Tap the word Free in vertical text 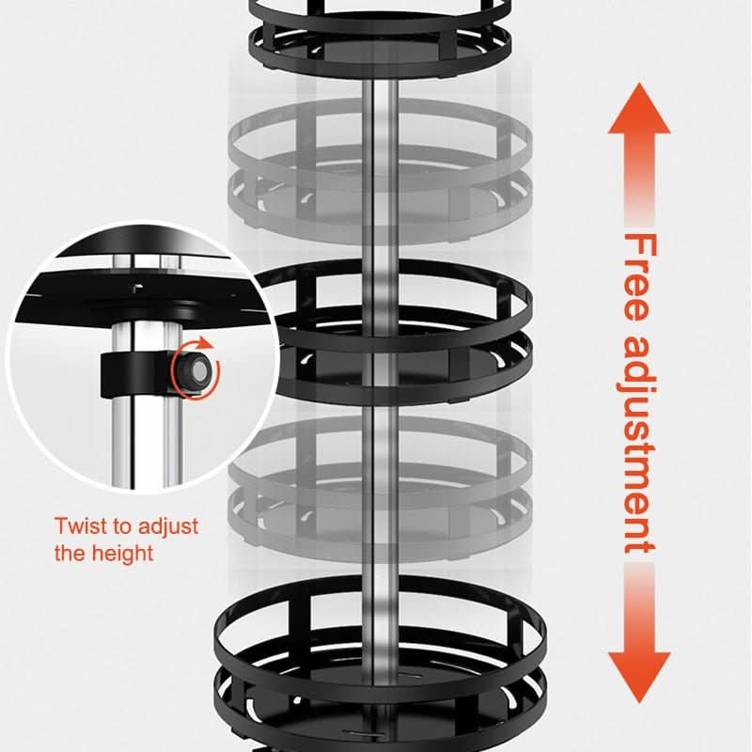tap(640, 282)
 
